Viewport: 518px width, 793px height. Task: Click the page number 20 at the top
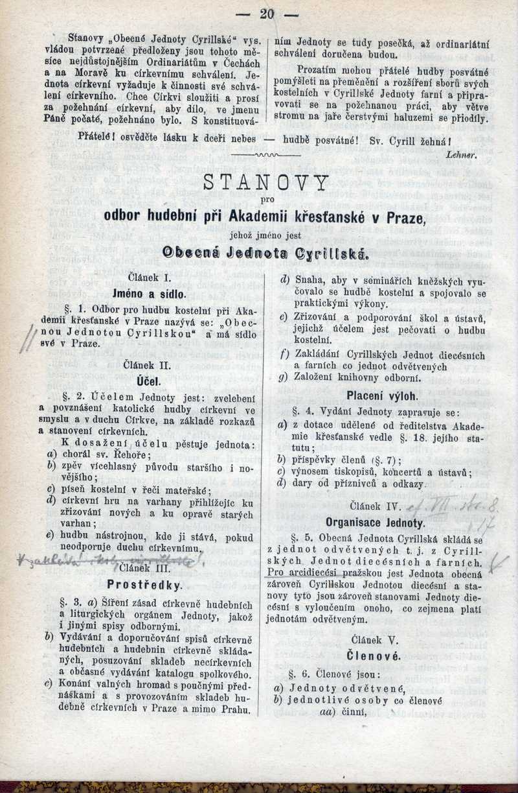coord(267,14)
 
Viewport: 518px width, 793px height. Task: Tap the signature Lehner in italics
coord(460,156)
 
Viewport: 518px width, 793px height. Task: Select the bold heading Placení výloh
coord(382,395)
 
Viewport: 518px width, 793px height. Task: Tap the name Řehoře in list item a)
coord(131,454)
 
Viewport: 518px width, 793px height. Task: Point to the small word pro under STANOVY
coord(266,200)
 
